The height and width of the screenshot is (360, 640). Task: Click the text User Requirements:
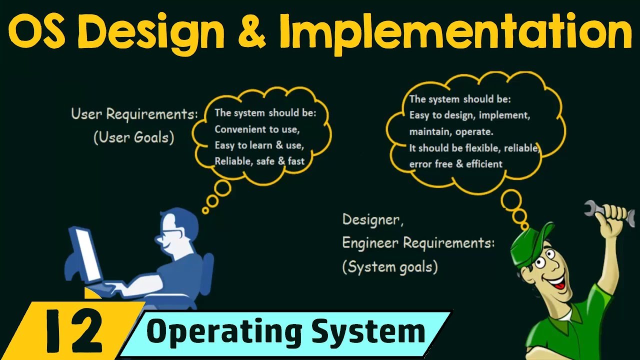tap(134, 114)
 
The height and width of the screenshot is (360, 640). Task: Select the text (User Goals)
tap(133, 137)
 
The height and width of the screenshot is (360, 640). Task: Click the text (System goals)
tap(390, 267)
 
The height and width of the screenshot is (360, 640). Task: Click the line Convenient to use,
tap(257, 129)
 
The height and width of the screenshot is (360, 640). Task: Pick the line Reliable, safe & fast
tap(259, 161)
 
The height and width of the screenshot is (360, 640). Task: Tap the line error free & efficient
tap(455, 163)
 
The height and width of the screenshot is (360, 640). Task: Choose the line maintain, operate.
tap(451, 132)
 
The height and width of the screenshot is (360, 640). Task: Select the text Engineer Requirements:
tap(418, 243)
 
